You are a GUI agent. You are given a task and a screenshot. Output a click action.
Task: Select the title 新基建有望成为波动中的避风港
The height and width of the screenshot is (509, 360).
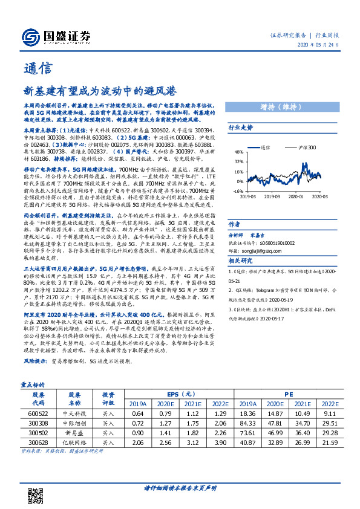100,91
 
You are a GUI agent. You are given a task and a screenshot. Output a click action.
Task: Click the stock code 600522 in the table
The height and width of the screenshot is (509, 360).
38,412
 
